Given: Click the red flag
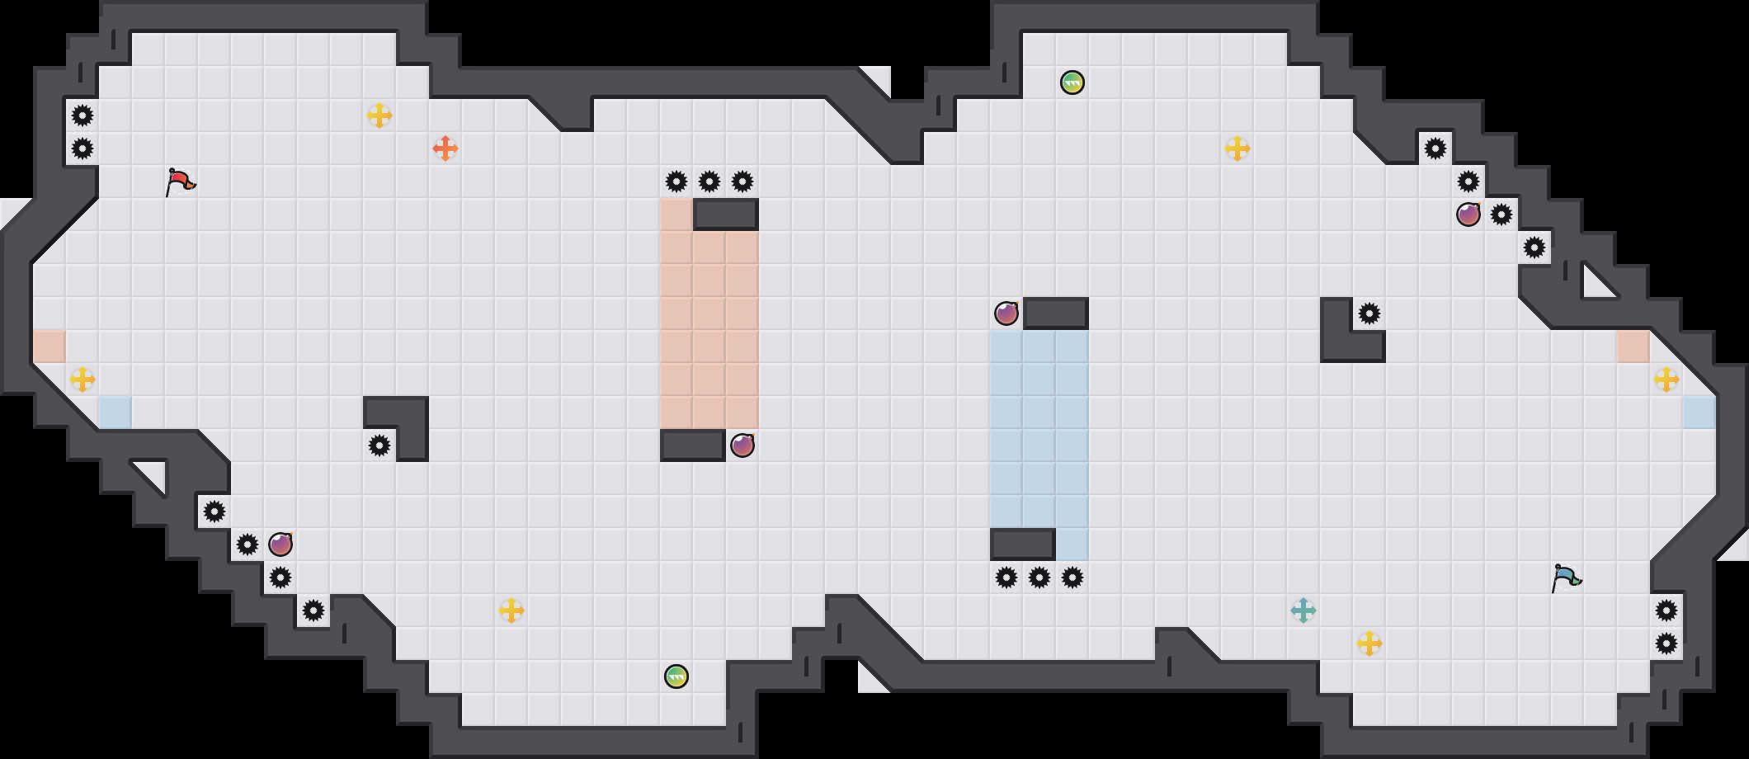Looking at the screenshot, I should coord(180,181).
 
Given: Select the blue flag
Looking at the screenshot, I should coord(1566,577).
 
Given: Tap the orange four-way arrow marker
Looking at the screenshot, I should coord(445,148).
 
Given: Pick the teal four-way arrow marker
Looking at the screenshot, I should coord(1303,610).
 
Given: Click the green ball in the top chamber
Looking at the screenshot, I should coord(1072,82).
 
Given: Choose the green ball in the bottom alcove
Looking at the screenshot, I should coord(676,676).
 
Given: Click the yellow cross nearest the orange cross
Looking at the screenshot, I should coord(379,115).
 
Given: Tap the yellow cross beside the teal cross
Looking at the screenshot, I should coord(1369,643).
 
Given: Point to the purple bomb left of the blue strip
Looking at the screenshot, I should coord(1006,313).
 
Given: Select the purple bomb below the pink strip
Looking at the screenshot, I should coord(742,445).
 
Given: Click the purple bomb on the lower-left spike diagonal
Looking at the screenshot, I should coord(280,544).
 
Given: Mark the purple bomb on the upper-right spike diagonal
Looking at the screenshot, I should coord(1468,214).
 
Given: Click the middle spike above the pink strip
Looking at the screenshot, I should coord(709,181).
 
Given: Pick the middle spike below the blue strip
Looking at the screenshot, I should coord(1039,577).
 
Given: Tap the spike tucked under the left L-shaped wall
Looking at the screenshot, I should coord(379,445).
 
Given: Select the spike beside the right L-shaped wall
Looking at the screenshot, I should coord(1369,313).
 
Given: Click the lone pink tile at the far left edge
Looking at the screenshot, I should coord(49,346).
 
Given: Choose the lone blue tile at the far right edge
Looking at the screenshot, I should coord(1699,412).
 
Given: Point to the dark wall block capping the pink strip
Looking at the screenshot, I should coord(726,214).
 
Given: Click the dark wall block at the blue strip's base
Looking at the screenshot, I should coord(1023,544).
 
